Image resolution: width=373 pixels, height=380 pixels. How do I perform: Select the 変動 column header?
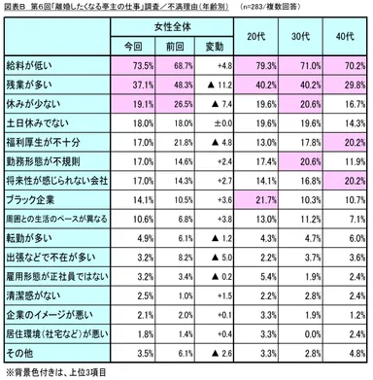coord(211,45)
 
